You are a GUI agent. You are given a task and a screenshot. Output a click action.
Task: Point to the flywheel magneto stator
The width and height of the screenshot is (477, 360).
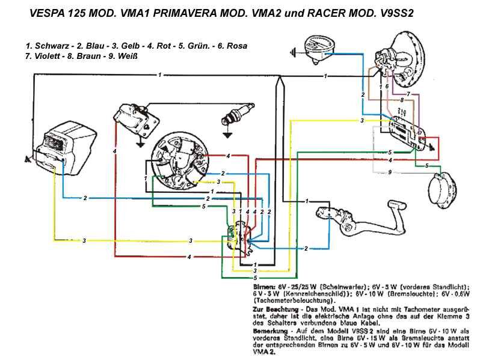179,159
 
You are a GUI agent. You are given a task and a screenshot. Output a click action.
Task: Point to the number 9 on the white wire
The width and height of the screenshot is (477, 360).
390,172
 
